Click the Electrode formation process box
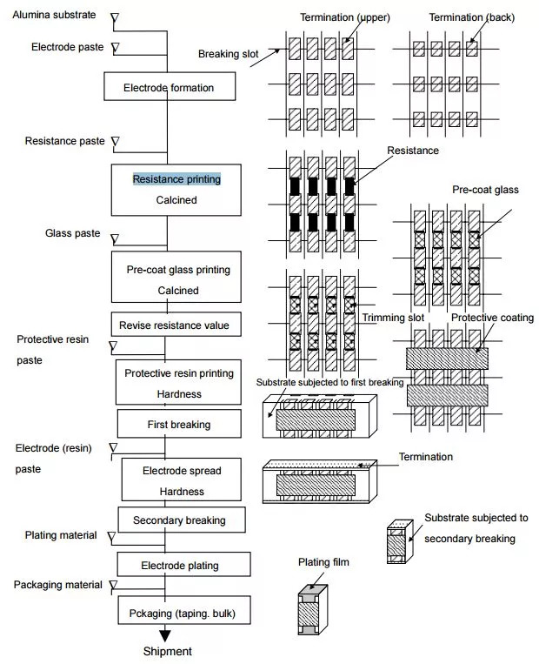click(169, 88)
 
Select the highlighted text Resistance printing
click(176, 179)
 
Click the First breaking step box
click(179, 425)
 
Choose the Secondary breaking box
click(179, 520)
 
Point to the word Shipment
click(167, 651)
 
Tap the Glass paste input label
click(73, 233)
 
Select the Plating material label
click(61, 535)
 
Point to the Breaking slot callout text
click(229, 54)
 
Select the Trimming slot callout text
click(393, 318)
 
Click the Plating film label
click(323, 563)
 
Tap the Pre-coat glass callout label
click(482, 189)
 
